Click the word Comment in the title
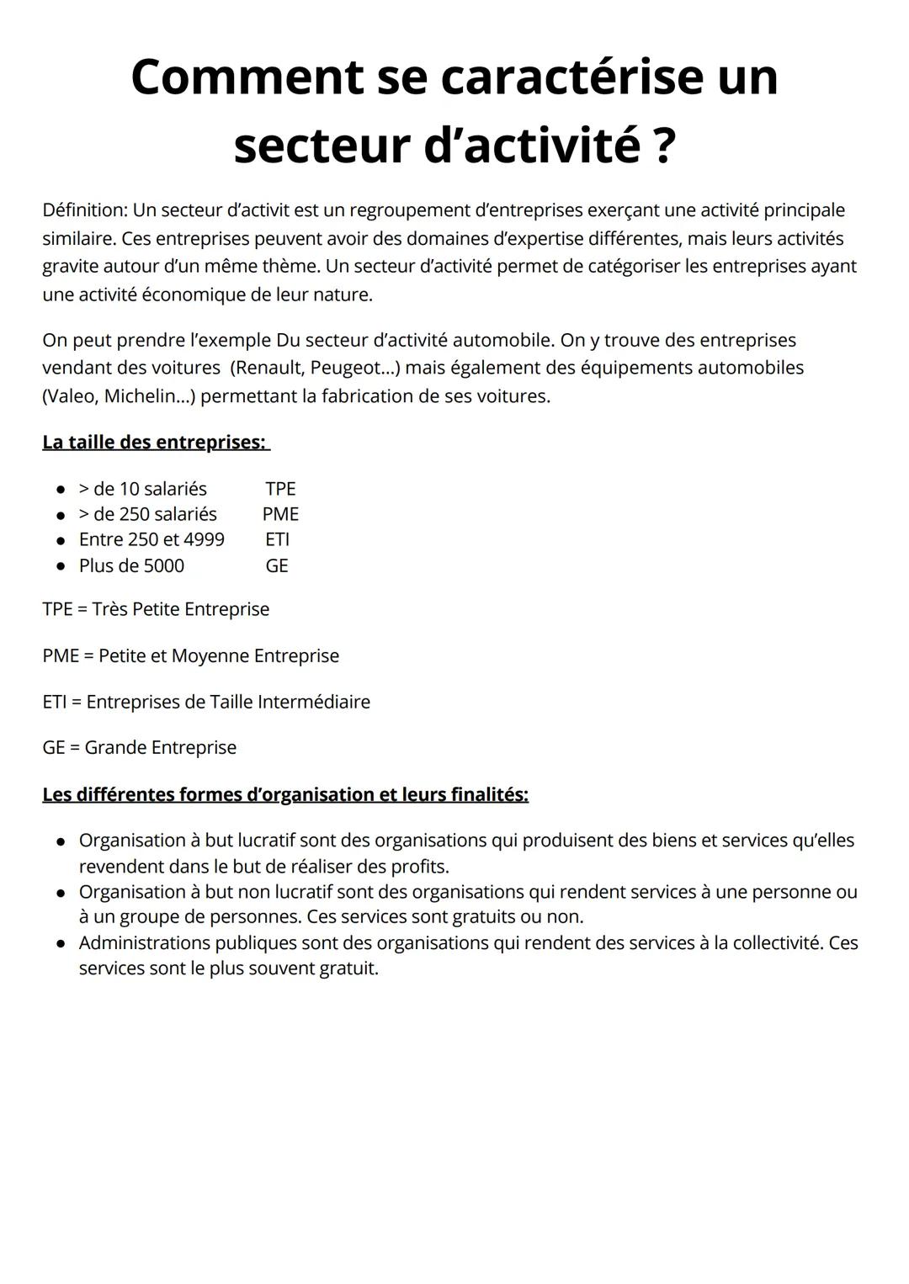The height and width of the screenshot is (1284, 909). pos(245,77)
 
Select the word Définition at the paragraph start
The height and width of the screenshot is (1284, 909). pos(83,210)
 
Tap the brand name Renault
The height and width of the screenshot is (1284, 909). pos(269,368)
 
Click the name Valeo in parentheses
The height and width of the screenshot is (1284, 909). pos(70,396)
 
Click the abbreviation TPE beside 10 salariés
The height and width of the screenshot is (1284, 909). pos(280,489)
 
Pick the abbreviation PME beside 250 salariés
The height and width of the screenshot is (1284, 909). pos(280,514)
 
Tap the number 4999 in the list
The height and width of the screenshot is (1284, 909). pos(204,539)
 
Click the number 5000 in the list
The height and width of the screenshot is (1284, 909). pos(163,565)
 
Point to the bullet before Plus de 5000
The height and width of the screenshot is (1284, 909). pos(61,566)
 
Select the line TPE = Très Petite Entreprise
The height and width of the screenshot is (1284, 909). pos(156,609)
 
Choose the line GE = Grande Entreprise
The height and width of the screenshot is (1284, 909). pos(140,747)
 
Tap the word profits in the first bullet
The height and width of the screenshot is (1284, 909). pos(417,867)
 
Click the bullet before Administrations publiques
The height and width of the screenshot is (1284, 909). pos(61,944)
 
